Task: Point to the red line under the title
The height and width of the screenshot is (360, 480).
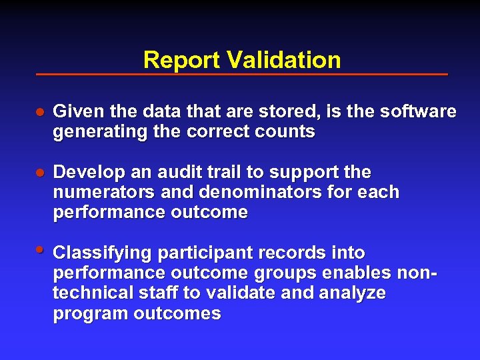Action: click(x=241, y=74)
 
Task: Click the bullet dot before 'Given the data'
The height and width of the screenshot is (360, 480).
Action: click(x=40, y=112)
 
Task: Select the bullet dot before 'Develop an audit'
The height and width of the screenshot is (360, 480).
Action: click(x=40, y=173)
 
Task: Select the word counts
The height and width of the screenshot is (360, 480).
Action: click(x=288, y=132)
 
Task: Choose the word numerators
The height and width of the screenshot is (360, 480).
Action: click(x=94, y=193)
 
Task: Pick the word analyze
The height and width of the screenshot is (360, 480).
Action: click(x=353, y=294)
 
